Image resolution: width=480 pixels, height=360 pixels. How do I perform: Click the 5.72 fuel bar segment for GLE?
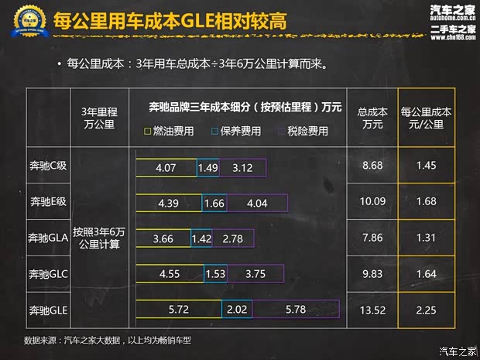[x=178, y=310]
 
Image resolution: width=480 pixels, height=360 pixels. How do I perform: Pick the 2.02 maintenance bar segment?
[x=236, y=310]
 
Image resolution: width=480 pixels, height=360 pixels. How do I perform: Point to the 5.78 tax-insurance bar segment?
[x=296, y=310]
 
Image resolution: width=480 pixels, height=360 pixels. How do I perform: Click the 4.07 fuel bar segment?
[x=166, y=167]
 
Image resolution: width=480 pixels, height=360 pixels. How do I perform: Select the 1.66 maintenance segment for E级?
[x=214, y=203]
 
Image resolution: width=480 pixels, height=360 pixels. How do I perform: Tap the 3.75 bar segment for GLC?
[x=255, y=274]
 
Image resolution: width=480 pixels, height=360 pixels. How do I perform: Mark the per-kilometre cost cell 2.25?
[x=425, y=310]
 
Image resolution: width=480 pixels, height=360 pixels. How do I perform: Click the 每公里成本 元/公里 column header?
[x=425, y=118]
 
